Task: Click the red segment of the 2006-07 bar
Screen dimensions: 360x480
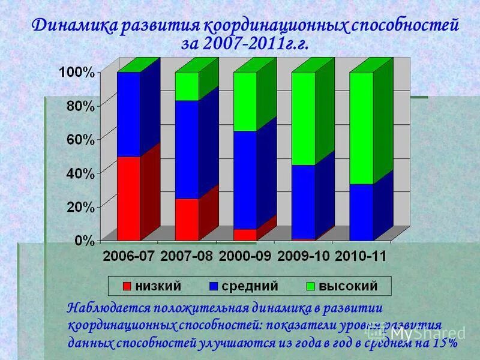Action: tap(128, 198)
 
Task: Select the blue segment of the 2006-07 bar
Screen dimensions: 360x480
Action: tap(128, 114)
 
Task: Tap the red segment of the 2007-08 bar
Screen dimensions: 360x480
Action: tap(187, 219)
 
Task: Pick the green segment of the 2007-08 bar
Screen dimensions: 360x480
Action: tap(187, 86)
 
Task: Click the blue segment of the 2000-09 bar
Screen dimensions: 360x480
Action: tap(245, 180)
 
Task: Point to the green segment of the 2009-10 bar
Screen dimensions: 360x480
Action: tap(303, 118)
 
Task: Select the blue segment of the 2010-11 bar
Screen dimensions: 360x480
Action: tap(361, 212)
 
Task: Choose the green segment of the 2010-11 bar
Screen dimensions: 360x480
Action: tap(361, 128)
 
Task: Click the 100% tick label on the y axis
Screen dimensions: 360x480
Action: tap(76, 73)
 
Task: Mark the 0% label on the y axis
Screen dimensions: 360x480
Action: tap(83, 241)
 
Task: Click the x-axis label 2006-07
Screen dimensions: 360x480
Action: tap(128, 256)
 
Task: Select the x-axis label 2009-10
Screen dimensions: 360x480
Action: tap(303, 256)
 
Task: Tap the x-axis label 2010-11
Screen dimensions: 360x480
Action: tap(361, 256)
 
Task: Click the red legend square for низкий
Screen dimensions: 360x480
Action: tap(126, 286)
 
